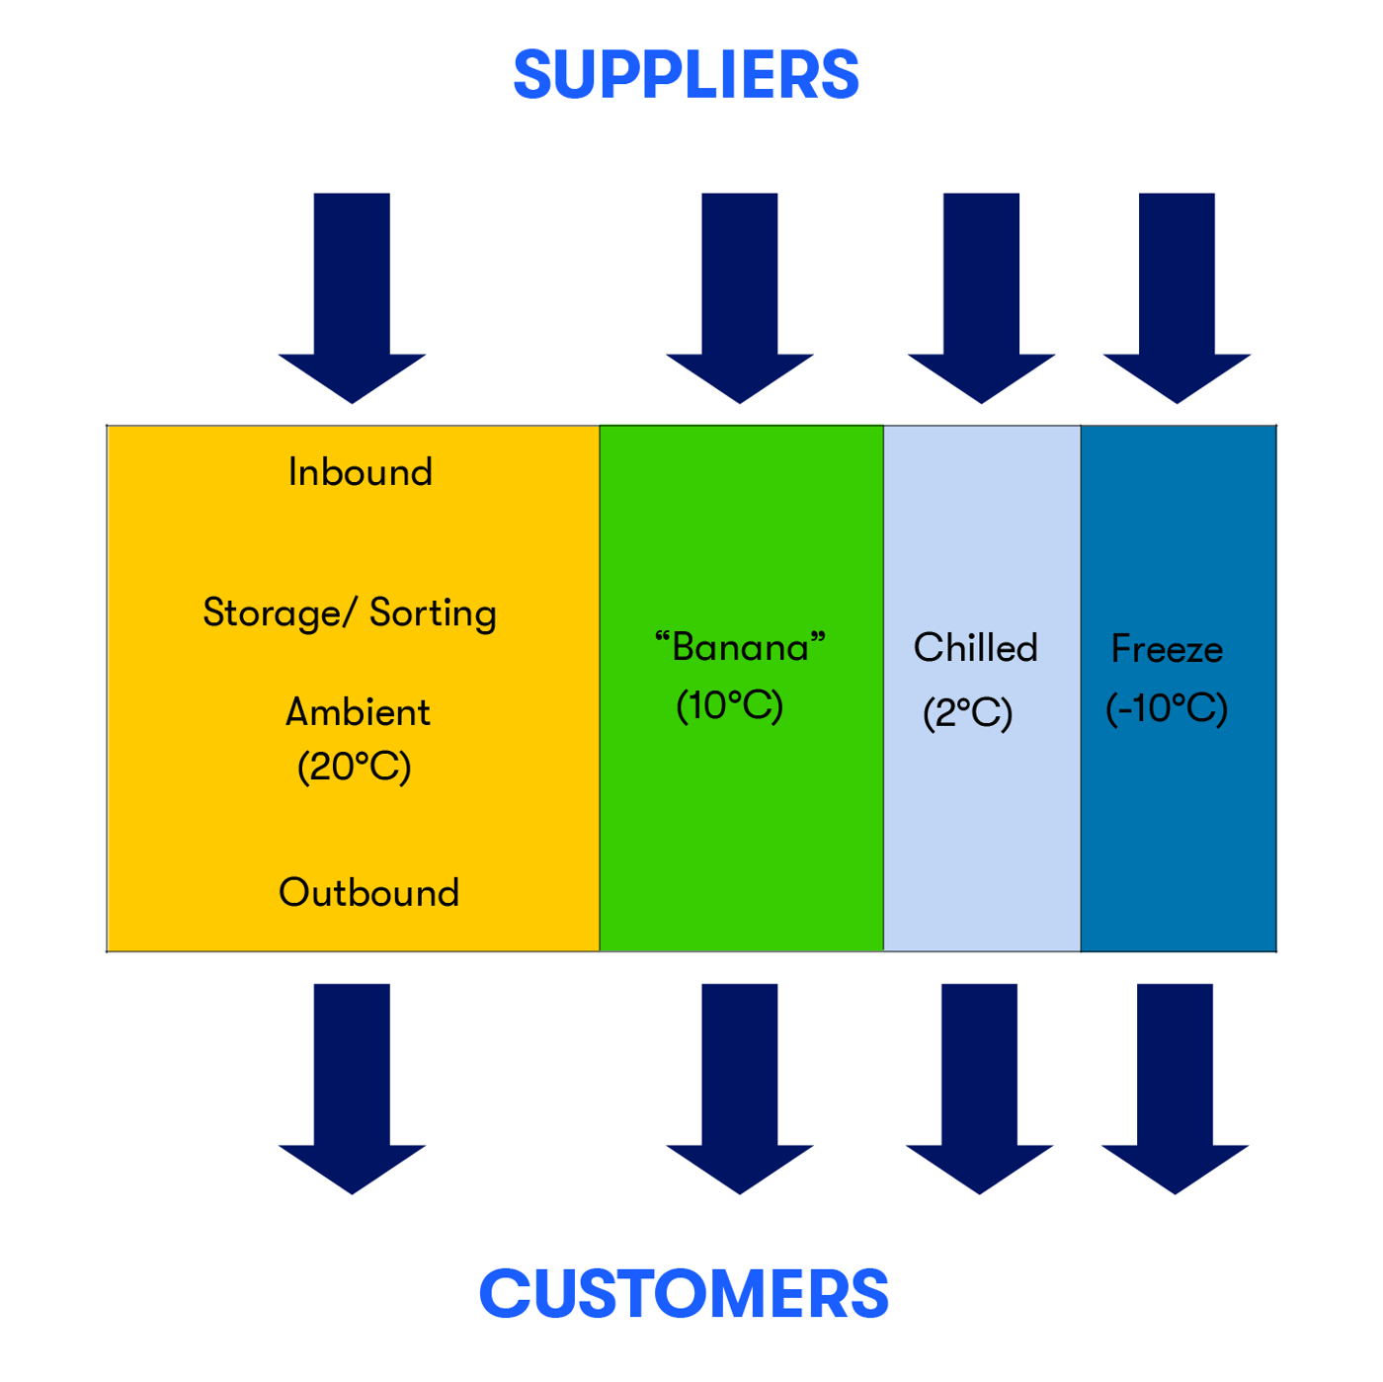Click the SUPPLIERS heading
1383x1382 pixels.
(686, 76)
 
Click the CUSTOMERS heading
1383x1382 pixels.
(684, 1294)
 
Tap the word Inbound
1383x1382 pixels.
(360, 472)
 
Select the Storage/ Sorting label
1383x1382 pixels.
(350, 613)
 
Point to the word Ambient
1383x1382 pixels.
(358, 712)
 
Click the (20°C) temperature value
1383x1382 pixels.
(354, 767)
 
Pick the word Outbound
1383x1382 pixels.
(368, 893)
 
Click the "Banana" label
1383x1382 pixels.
(739, 648)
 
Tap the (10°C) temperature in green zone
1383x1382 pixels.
(729, 706)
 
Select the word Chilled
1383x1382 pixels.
(975, 648)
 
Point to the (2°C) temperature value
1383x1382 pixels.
(967, 712)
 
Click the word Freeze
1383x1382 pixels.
(1167, 649)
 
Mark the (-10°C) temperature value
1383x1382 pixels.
(1167, 708)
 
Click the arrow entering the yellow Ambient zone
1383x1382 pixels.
(352, 296)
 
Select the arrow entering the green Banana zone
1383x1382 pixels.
(740, 296)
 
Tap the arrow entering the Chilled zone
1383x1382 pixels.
(981, 296)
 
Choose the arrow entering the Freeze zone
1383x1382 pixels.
(1177, 296)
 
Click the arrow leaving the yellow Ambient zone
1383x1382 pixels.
(352, 1087)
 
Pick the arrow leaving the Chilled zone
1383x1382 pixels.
(979, 1087)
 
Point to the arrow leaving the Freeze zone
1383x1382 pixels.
(1175, 1087)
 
